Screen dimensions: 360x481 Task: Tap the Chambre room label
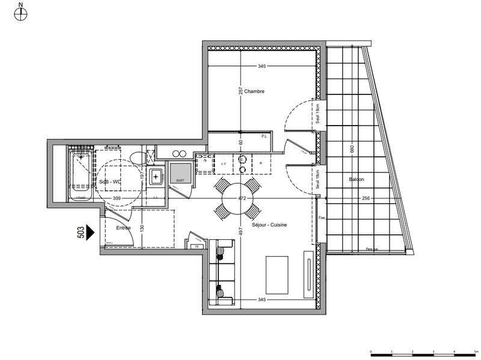(254, 91)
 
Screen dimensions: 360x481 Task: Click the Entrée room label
(123, 228)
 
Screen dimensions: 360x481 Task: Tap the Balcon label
(356, 179)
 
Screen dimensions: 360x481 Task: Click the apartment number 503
(81, 232)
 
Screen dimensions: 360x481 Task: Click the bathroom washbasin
(156, 176)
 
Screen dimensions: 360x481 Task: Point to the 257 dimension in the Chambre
(240, 91)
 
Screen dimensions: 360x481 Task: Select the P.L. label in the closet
(264, 136)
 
